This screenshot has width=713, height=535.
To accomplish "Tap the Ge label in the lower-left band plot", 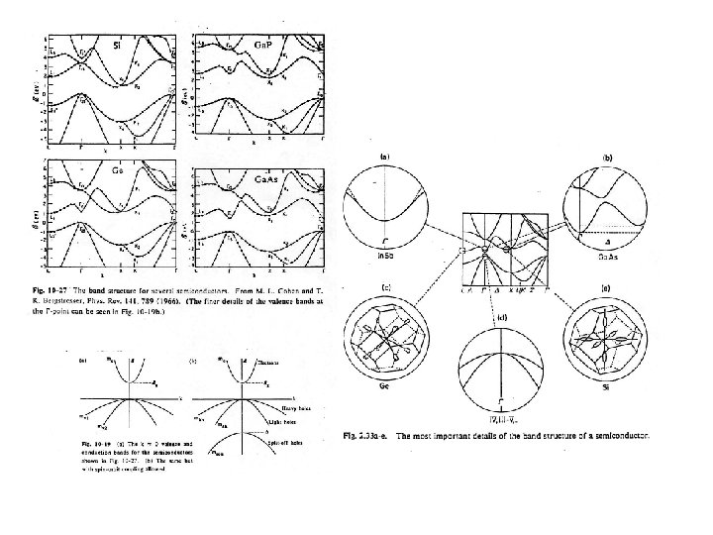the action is click(117, 169).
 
